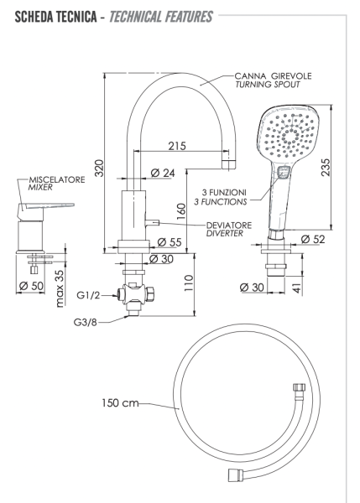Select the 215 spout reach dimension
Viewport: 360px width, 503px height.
coord(175,146)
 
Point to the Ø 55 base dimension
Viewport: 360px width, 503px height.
coord(169,241)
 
